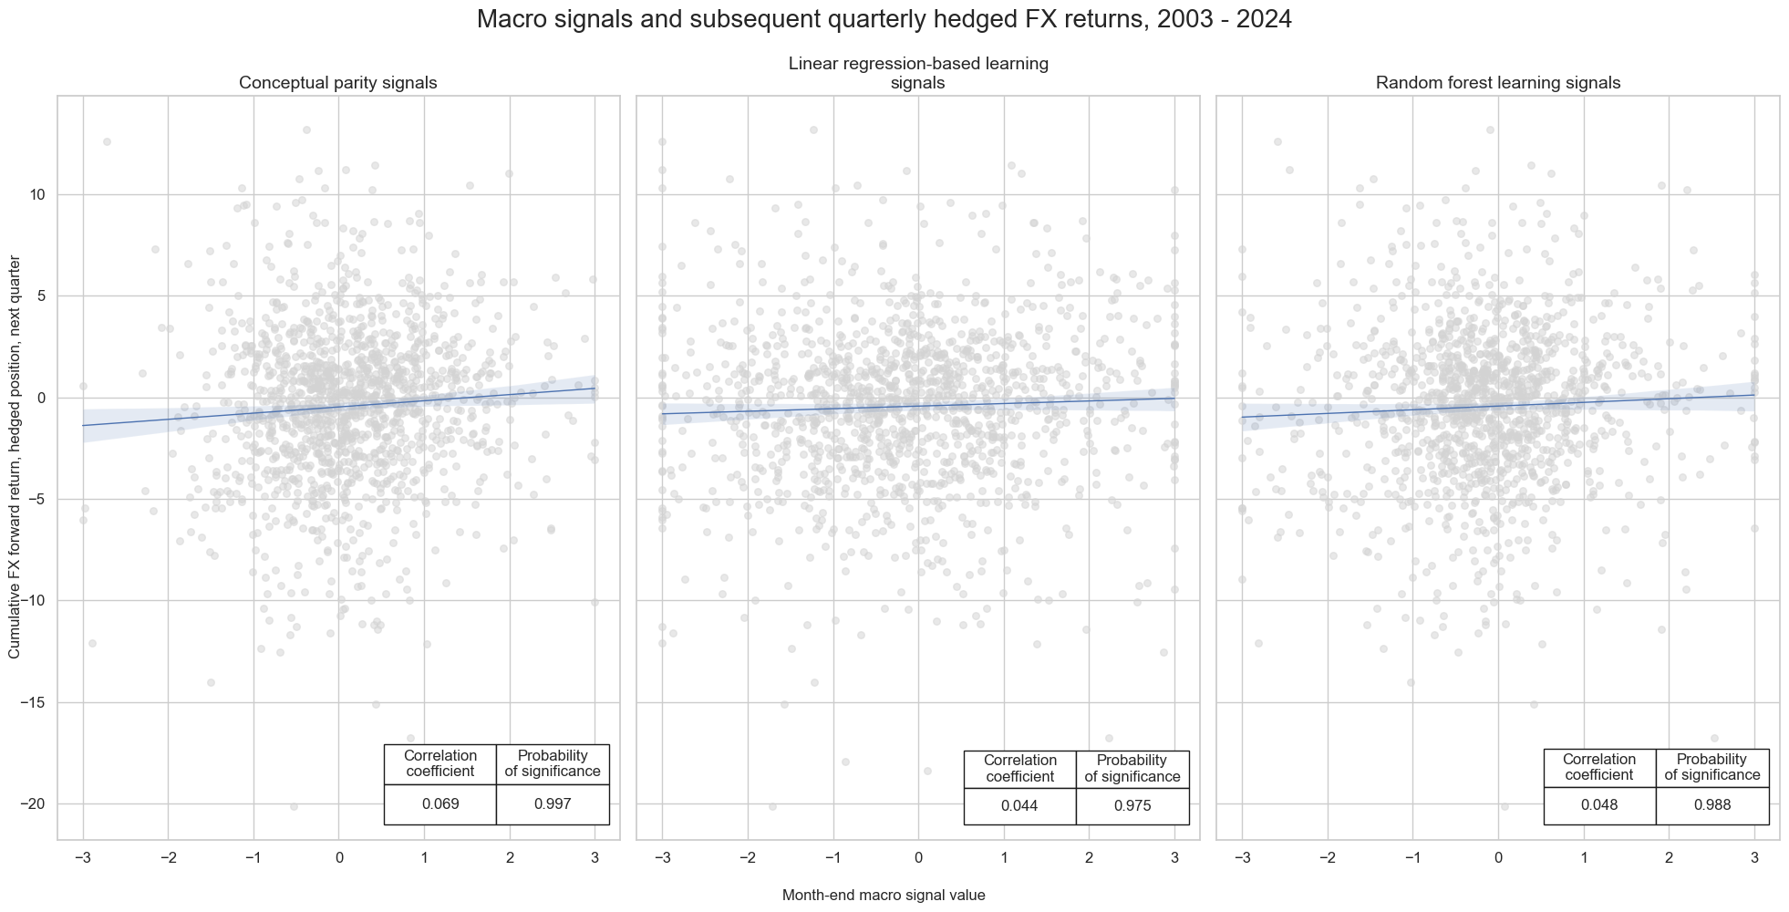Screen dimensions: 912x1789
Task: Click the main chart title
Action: (884, 19)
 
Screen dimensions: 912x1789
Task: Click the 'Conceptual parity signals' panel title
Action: (337, 83)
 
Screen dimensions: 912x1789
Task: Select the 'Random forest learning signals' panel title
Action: (1497, 83)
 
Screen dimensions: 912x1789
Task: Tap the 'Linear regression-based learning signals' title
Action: (917, 73)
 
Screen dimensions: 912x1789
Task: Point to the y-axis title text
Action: (15, 457)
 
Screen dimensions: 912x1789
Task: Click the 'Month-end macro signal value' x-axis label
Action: (884, 895)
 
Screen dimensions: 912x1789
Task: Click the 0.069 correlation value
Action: (440, 804)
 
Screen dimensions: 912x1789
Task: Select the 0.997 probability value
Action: (553, 804)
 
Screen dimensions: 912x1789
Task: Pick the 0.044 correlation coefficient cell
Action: (1019, 806)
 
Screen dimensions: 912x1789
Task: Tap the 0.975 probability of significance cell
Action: (1132, 806)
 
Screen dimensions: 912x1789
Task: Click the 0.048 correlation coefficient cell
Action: (1599, 805)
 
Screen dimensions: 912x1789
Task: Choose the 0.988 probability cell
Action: (1712, 805)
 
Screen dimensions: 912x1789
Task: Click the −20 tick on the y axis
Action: (33, 803)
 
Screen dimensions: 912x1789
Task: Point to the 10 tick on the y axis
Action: (36, 194)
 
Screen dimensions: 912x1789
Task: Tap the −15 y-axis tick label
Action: (33, 702)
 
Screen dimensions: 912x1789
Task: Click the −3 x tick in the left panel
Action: (82, 857)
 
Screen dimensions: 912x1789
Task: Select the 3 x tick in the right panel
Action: (1754, 857)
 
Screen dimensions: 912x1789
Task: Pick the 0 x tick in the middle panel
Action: (918, 857)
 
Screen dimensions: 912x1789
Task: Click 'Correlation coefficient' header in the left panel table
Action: (440, 763)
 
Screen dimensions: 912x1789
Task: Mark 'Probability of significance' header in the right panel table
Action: (1712, 767)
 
